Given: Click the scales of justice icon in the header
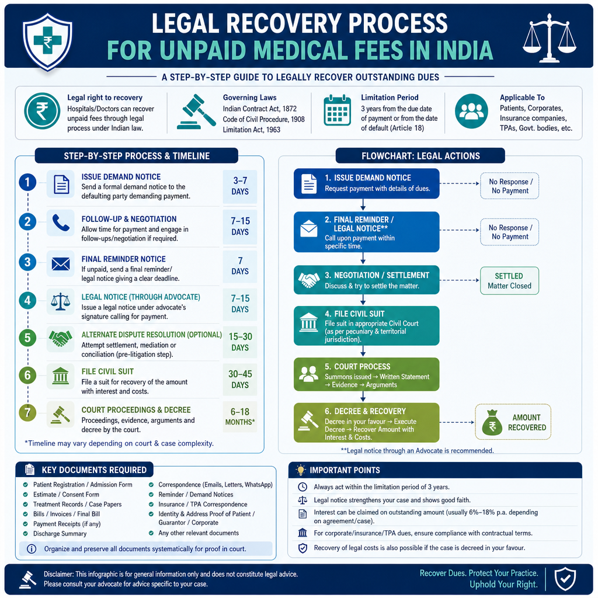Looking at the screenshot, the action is click(549, 37).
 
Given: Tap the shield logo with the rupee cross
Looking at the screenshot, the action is click(47, 41).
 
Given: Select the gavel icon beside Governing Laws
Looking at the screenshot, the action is click(196, 112).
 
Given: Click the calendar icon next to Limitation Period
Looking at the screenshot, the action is click(337, 110).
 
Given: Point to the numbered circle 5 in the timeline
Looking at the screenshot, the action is click(27, 338).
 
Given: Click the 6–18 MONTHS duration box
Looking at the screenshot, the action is click(240, 416).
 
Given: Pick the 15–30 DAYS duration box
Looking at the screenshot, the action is click(240, 342).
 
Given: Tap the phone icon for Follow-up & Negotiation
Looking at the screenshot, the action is click(61, 222).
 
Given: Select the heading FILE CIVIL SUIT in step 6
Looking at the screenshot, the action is click(107, 371).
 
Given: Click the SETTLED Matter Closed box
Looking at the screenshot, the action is click(509, 281).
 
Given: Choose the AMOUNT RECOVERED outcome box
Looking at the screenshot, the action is click(513, 422).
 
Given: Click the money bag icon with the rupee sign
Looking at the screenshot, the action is click(492, 423).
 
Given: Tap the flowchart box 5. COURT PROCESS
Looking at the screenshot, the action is click(367, 374).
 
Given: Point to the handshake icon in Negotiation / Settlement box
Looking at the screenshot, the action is click(308, 280).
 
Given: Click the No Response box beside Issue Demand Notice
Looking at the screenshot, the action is click(509, 186).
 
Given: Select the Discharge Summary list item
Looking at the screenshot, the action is click(60, 534).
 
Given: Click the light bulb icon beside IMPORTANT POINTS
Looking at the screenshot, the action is click(301, 470).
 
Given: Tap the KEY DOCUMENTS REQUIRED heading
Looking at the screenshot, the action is click(94, 470).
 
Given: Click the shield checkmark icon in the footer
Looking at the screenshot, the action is click(565, 579).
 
